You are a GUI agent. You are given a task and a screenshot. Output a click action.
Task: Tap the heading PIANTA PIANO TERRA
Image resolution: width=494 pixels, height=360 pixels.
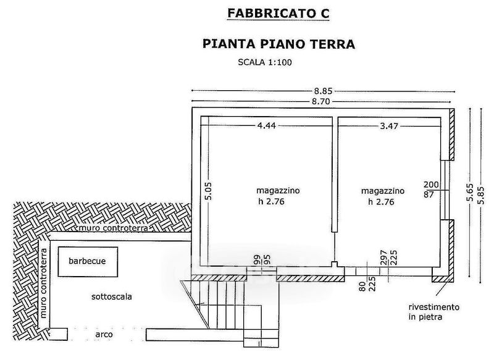tap(278, 44)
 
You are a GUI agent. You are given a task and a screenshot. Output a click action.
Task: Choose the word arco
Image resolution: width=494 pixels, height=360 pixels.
tap(103, 334)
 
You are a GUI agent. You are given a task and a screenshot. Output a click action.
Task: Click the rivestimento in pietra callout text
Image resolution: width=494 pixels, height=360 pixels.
tap(433, 311)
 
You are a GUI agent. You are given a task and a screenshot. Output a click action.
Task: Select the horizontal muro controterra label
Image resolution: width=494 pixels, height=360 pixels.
tap(113, 228)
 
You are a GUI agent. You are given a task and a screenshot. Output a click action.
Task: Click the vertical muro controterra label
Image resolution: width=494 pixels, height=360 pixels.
tap(44, 282)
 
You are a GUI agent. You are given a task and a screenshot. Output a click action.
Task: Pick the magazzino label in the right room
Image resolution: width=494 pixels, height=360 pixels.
tap(383, 190)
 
